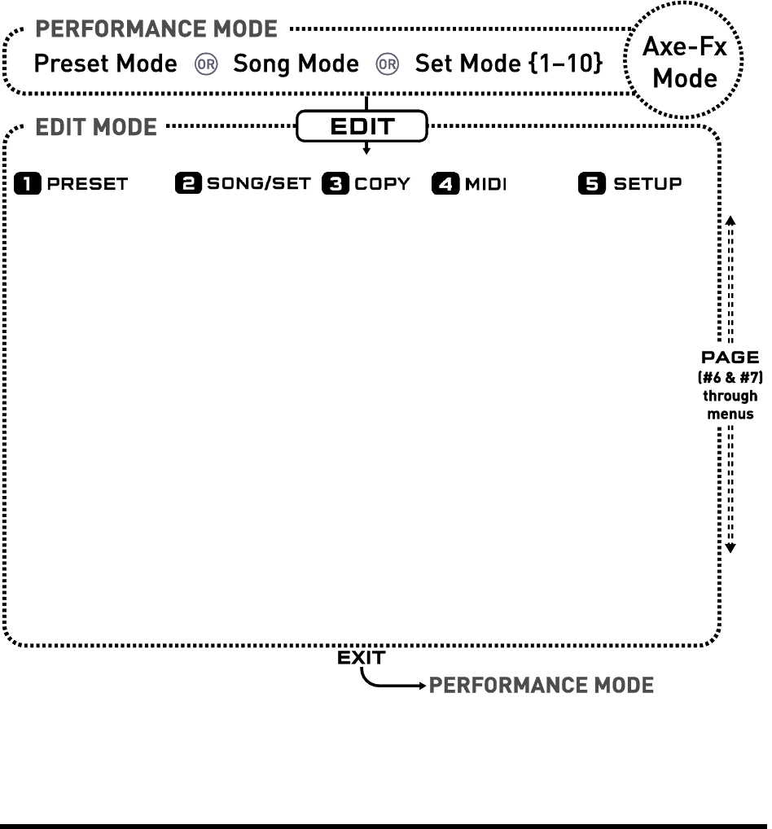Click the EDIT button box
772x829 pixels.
[362, 126]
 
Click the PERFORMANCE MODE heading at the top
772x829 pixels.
[157, 31]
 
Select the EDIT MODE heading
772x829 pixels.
[96, 128]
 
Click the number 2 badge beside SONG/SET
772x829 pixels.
[186, 184]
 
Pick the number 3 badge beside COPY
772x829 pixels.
[335, 184]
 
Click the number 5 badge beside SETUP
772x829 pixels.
[592, 184]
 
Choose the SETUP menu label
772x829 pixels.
[647, 184]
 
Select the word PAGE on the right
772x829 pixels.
[730, 357]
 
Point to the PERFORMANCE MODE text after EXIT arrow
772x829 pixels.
[541, 685]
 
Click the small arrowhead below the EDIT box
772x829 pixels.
[366, 151]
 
